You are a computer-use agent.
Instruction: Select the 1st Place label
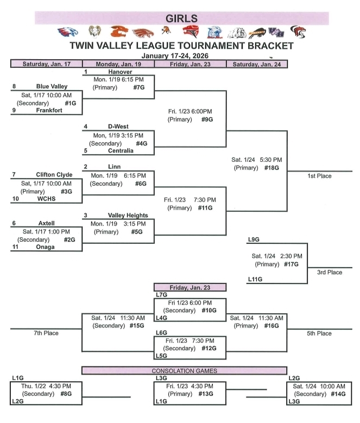click(321, 176)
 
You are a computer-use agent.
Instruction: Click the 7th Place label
click(45, 333)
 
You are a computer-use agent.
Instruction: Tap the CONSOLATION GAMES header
click(184, 370)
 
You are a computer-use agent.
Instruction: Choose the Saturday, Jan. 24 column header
click(256, 64)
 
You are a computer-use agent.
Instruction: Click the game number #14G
click(337, 394)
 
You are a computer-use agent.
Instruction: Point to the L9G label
click(253, 239)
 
